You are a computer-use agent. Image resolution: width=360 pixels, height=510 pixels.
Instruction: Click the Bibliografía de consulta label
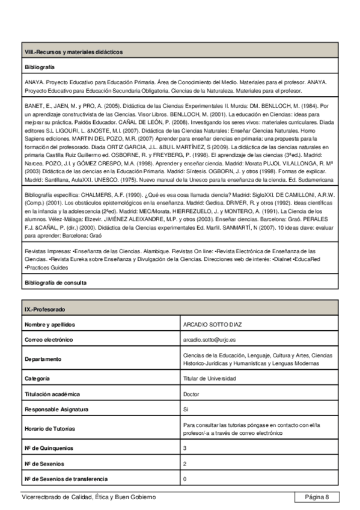tap(55, 282)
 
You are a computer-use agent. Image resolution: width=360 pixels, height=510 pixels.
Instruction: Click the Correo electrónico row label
tap(49, 340)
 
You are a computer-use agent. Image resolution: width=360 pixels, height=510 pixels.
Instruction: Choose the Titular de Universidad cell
tap(210, 378)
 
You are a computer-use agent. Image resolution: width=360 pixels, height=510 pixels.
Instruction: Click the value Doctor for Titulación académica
tap(191, 394)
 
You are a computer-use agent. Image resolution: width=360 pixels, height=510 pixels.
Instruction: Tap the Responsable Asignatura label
tap(56, 409)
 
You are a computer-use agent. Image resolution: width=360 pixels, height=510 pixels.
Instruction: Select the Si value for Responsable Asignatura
tap(186, 409)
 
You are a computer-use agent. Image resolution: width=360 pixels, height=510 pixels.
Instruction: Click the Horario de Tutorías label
tap(50, 429)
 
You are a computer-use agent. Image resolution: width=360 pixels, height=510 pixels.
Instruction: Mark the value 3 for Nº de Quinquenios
tap(185, 448)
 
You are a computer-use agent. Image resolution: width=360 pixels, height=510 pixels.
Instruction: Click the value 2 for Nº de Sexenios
tap(185, 464)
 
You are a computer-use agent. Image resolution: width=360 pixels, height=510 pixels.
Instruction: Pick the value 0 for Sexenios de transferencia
tap(185, 479)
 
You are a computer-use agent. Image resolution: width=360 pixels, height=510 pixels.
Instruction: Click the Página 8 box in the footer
tap(317, 497)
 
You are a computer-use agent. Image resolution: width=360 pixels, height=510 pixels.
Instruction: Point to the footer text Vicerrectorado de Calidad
tap(88, 497)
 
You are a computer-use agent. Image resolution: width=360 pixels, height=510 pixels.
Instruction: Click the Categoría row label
tap(37, 378)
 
